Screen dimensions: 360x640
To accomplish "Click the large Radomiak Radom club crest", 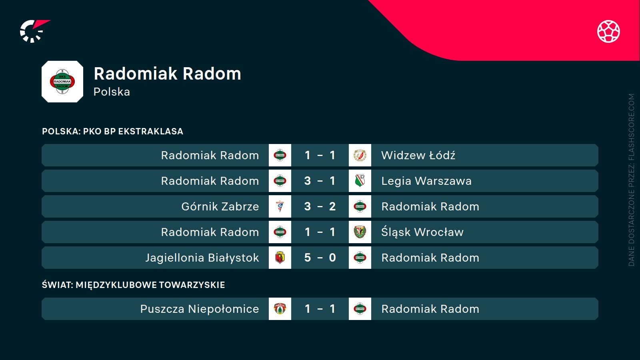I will click(x=62, y=82).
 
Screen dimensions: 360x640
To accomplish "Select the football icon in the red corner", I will click(x=608, y=31).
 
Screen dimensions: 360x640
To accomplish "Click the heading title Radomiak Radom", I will click(x=167, y=74).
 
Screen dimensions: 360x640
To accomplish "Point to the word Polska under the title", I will click(x=112, y=92).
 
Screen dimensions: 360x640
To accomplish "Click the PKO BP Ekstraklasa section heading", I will click(x=112, y=131).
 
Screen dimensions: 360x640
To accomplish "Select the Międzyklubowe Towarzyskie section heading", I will click(x=133, y=285).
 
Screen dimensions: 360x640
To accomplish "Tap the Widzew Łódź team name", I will click(x=418, y=155).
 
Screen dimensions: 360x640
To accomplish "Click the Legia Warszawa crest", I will click(x=360, y=181).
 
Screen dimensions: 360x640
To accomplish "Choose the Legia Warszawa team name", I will click(x=426, y=181).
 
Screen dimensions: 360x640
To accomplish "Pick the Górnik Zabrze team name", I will click(x=220, y=206).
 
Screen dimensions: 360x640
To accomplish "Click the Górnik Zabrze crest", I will click(x=280, y=206).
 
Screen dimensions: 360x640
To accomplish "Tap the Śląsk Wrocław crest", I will click(x=360, y=232).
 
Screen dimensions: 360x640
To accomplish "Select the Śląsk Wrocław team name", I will click(x=422, y=232).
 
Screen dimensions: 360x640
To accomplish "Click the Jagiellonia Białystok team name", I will click(x=202, y=258).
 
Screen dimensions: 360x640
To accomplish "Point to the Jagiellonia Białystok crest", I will click(x=280, y=258).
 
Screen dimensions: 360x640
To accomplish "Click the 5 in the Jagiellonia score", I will click(x=307, y=258).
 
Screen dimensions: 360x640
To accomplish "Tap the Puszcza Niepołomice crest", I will click(x=280, y=309).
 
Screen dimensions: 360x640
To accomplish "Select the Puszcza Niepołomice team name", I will click(x=199, y=309).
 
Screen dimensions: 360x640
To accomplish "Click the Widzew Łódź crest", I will click(x=360, y=155).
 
